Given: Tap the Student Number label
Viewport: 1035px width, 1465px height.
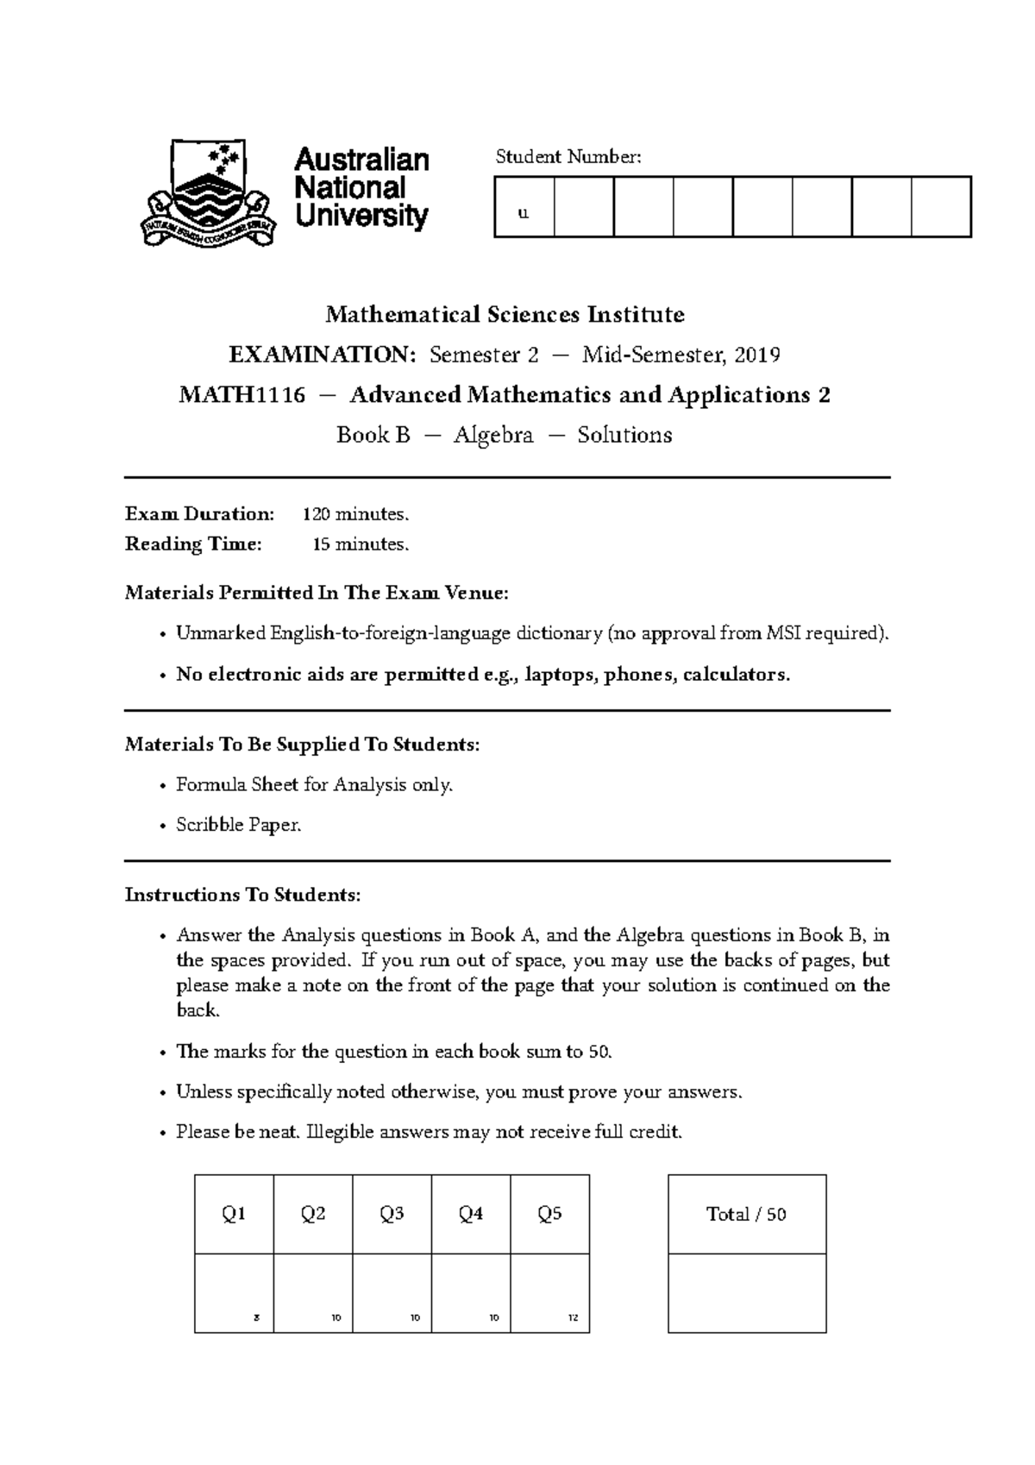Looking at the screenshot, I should tap(568, 156).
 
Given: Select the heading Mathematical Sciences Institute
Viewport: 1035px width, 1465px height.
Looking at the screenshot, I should tap(505, 314).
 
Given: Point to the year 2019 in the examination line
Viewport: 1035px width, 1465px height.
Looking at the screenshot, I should tap(759, 355).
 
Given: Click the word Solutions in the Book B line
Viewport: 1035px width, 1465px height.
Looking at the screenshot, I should tap(624, 435).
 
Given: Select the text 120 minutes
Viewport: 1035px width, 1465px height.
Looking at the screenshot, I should tap(355, 514).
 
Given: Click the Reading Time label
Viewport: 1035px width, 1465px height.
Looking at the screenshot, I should tap(193, 544).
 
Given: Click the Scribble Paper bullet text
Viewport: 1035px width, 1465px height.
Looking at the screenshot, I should tap(239, 825).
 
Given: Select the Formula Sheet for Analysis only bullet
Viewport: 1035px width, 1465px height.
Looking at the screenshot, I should tap(314, 785).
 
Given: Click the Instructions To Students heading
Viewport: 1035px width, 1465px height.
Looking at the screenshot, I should tap(242, 895).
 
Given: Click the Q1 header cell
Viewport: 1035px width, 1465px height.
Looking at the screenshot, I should tap(234, 1214).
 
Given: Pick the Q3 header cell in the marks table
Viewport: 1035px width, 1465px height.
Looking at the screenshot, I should tap(392, 1214).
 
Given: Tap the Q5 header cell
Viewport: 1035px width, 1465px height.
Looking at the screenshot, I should tap(549, 1214).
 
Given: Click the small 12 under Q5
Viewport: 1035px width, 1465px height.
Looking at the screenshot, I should tap(573, 1318).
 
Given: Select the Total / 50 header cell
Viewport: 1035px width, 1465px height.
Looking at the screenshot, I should tap(746, 1214).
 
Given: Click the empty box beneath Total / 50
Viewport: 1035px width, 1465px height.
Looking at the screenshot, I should tap(746, 1292).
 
